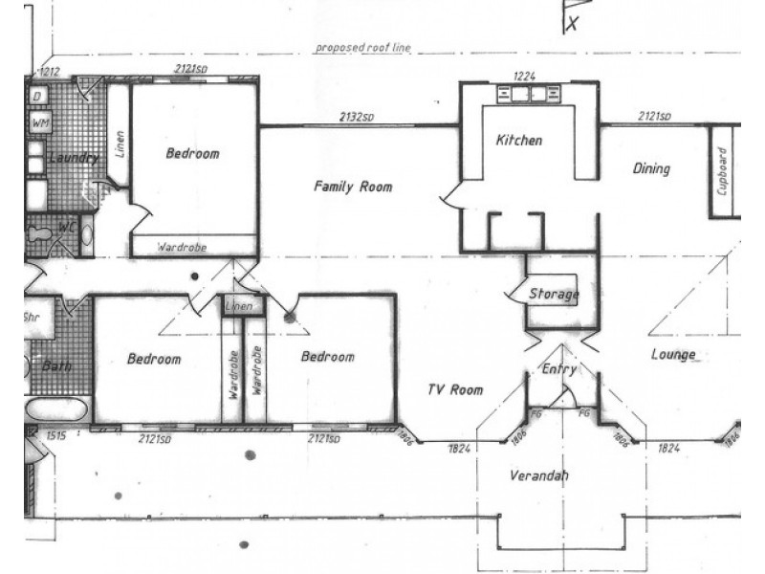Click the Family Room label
pyautogui.click(x=353, y=188)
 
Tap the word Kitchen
pyautogui.click(x=518, y=141)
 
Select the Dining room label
pyautogui.click(x=651, y=169)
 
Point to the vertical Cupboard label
pyautogui.click(x=723, y=170)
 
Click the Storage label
pyautogui.click(x=554, y=294)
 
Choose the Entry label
pyautogui.click(x=559, y=368)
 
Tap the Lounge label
pyautogui.click(x=672, y=354)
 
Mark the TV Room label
pyautogui.click(x=454, y=389)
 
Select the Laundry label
pyautogui.click(x=71, y=158)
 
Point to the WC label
pyautogui.click(x=68, y=229)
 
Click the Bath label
pyautogui.click(x=56, y=365)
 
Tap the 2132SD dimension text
pyautogui.click(x=356, y=117)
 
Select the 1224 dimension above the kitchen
pyautogui.click(x=523, y=75)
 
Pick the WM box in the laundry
pyautogui.click(x=40, y=123)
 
